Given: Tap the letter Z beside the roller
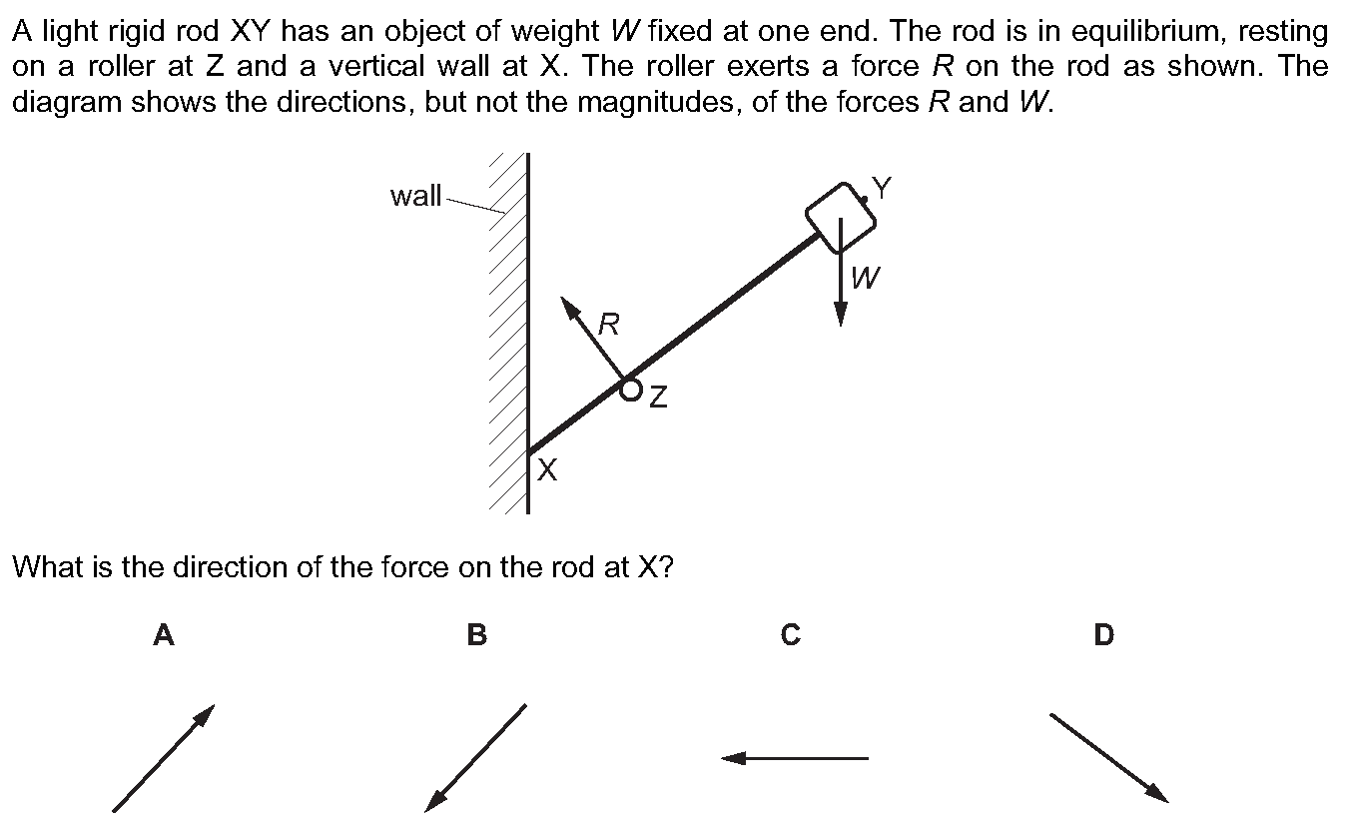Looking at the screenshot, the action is click(659, 398).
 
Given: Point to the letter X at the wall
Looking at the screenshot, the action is click(547, 469).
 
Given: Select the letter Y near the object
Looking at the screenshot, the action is click(882, 188).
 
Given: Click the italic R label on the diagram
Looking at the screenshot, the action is click(609, 325).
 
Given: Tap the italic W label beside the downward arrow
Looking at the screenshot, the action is click(866, 278).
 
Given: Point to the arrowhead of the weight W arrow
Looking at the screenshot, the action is click(841, 313).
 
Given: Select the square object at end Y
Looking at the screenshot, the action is click(841, 218).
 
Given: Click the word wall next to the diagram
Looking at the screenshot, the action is click(415, 196).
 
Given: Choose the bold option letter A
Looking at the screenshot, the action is click(164, 635).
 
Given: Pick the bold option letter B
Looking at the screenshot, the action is click(476, 635).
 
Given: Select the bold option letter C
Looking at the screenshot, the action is click(790, 635).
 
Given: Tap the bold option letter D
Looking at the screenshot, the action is click(1103, 635).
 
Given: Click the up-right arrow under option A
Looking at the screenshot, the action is click(164, 758).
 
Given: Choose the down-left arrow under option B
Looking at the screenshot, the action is click(475, 758).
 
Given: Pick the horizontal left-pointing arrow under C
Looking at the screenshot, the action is click(795, 758).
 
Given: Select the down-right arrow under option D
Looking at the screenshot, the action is click(1109, 758).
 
